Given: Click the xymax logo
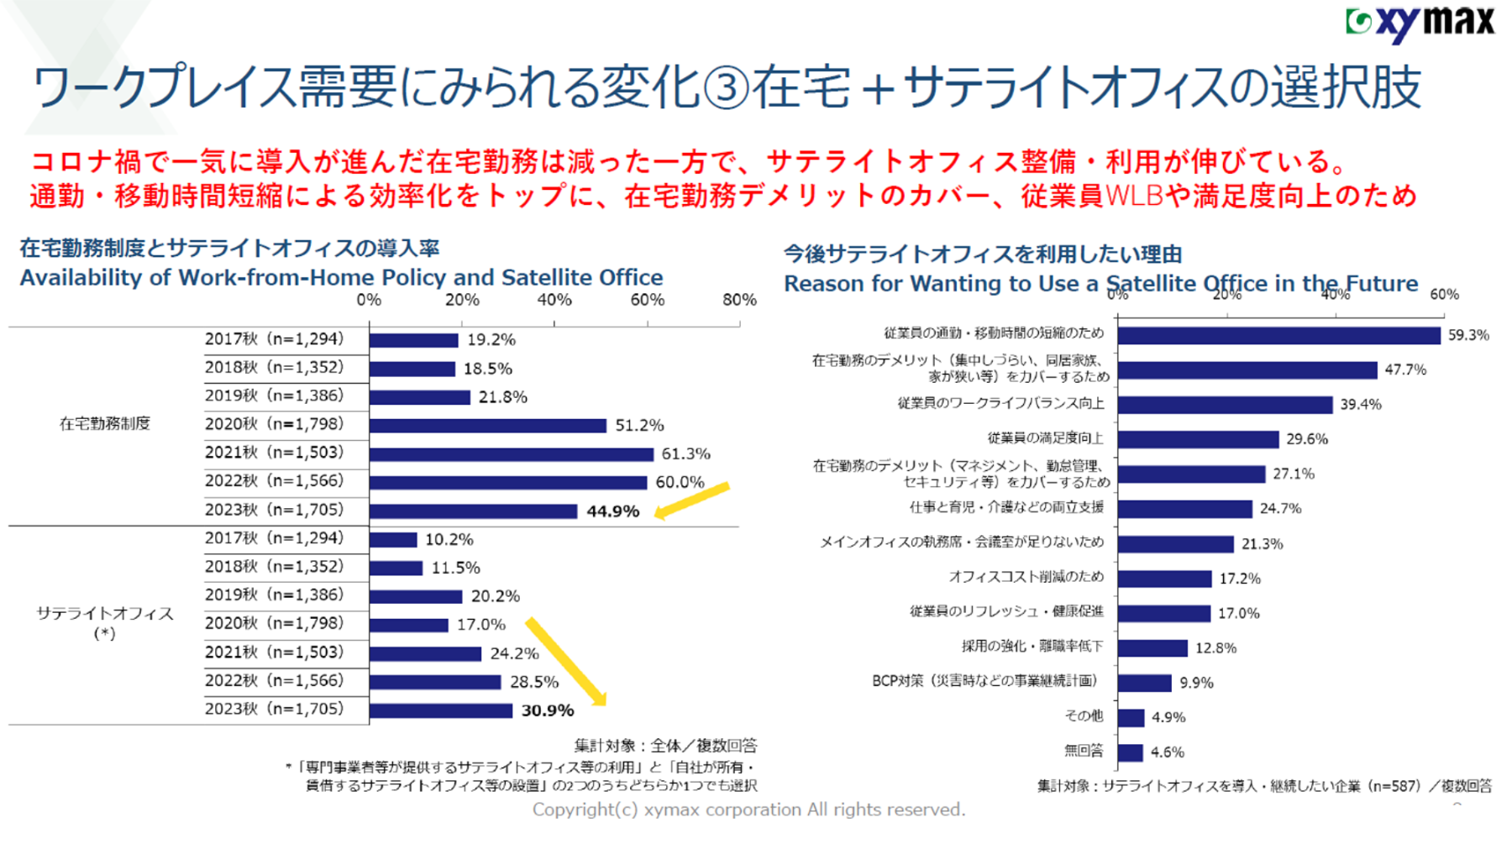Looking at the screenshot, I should tap(1420, 23).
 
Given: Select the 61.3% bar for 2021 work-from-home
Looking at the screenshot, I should tap(511, 454).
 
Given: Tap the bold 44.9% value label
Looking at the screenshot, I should tap(612, 511).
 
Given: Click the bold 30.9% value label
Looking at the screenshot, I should tap(548, 710).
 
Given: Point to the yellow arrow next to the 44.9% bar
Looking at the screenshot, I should tap(691, 501).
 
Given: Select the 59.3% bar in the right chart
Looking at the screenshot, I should tap(1278, 335).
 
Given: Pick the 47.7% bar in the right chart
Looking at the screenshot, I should tap(1247, 370).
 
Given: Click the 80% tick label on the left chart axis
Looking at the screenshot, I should tap(739, 300).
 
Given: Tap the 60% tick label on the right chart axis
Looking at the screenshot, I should tap(1444, 295).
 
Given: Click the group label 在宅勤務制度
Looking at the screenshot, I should tap(105, 424).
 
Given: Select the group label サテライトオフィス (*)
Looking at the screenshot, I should tap(105, 622).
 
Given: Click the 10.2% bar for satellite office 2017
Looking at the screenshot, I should tap(393, 540).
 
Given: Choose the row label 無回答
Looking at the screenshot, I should tap(1084, 751).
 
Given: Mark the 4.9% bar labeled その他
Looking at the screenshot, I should tap(1131, 717).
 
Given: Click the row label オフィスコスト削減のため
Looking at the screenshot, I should tap(1026, 577).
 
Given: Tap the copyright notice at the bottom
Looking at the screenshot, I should tap(748, 810).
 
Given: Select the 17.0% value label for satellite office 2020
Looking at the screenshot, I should tap(481, 625).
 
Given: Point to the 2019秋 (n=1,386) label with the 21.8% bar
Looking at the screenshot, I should tap(274, 396).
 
